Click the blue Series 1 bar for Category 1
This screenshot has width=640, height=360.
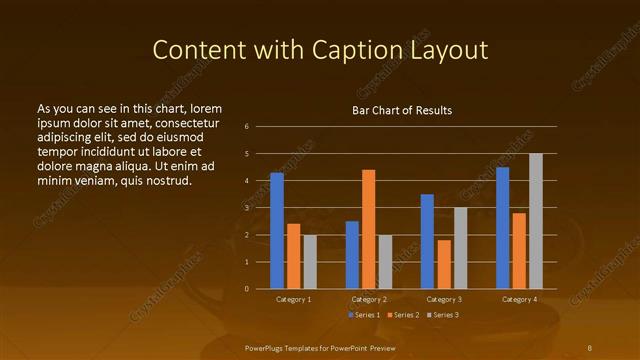(277, 231)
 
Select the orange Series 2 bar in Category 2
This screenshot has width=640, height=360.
(368, 229)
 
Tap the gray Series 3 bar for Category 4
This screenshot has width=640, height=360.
(536, 221)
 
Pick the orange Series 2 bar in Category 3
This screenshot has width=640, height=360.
(444, 264)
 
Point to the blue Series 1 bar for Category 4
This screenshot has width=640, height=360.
(502, 228)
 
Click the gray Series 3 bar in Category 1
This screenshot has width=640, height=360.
(310, 262)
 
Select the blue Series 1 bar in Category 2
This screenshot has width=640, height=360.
(352, 255)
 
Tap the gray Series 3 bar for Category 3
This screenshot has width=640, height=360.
(460, 248)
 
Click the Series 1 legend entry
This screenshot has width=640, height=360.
(365, 315)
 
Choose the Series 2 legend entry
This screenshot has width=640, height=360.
(403, 315)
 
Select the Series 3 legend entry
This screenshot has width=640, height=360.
(442, 315)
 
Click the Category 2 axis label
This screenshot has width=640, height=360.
(369, 299)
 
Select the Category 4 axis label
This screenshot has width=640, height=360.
(519, 299)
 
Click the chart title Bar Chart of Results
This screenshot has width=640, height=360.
(402, 110)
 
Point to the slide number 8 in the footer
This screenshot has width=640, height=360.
(589, 347)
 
